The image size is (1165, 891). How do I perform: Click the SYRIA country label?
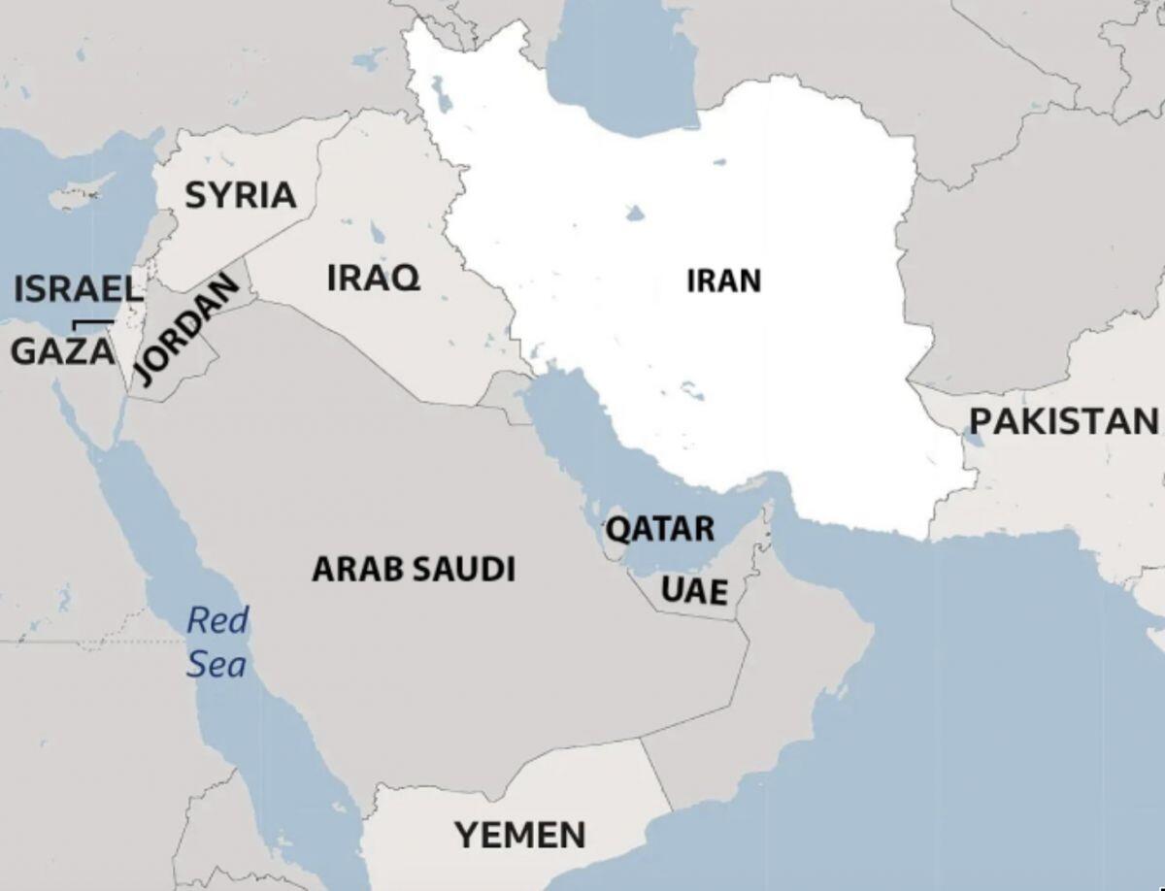240,195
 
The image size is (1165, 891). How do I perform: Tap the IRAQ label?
374,278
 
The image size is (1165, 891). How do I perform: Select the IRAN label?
723,281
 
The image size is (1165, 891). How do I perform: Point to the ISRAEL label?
78,288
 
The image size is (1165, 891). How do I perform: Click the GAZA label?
62,351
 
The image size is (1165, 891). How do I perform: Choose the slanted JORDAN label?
185,329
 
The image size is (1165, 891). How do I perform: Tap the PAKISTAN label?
1064,421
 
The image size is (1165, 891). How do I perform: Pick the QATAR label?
660,530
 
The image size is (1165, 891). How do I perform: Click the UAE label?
694,589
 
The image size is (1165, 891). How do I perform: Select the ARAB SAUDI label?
414,569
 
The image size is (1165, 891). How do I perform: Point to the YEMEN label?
520,834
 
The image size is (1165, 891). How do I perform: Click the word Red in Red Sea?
217,620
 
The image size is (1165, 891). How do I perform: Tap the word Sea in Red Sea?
216,665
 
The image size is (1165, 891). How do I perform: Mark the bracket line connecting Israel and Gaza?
93,322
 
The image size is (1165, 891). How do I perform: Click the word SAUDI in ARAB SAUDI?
463,569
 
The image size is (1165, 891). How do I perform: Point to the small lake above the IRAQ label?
376,233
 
